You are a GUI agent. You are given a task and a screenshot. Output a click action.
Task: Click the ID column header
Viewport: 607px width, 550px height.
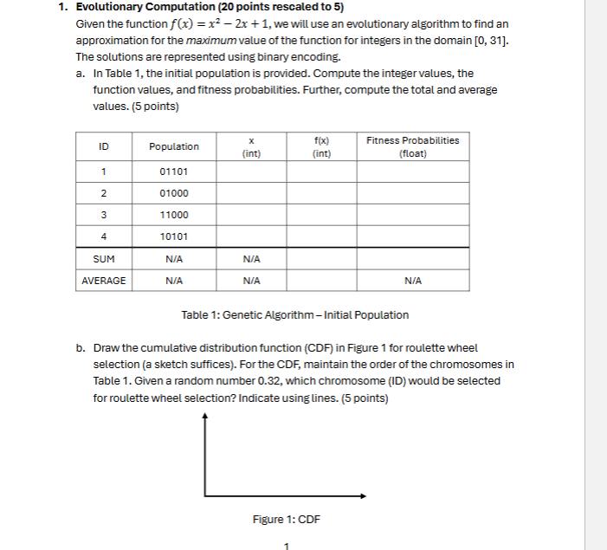click(x=103, y=146)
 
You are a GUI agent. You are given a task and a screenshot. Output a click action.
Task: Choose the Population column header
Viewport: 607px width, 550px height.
click(x=173, y=146)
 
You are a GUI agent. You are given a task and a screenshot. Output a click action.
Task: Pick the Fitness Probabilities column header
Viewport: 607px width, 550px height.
click(x=413, y=146)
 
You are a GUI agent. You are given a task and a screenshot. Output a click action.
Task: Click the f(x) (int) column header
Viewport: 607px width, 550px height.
click(x=321, y=146)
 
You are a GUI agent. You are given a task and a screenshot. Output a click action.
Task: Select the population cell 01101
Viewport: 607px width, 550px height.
click(x=173, y=171)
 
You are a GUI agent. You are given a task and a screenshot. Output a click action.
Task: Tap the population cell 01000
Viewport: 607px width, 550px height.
click(x=173, y=193)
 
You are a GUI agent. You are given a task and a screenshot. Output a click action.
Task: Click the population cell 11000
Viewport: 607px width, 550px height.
click(x=173, y=215)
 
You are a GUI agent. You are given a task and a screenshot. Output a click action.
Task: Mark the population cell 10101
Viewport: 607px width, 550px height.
click(x=173, y=236)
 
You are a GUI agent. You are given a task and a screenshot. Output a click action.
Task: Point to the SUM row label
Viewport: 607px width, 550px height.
click(x=103, y=258)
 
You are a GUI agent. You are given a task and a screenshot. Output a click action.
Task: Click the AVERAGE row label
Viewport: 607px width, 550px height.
click(x=103, y=281)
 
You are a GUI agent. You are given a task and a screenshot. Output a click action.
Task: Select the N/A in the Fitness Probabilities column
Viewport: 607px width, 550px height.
click(x=413, y=281)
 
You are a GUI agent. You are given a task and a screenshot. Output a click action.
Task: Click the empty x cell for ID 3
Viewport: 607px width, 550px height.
click(x=250, y=215)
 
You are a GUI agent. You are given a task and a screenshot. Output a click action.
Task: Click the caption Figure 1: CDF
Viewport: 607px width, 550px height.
click(x=286, y=519)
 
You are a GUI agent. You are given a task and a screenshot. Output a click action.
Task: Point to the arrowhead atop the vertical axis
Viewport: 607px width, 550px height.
click(x=205, y=417)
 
